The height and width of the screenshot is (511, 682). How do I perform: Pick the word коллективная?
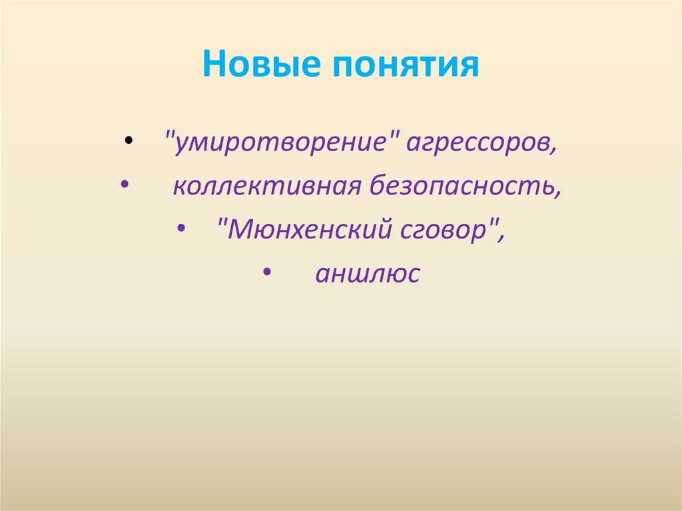pos(264,187)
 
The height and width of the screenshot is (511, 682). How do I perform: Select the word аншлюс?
pos(368,274)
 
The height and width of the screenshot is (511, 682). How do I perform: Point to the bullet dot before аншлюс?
pos(266,272)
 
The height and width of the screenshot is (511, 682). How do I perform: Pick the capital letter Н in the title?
pos(214,65)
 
